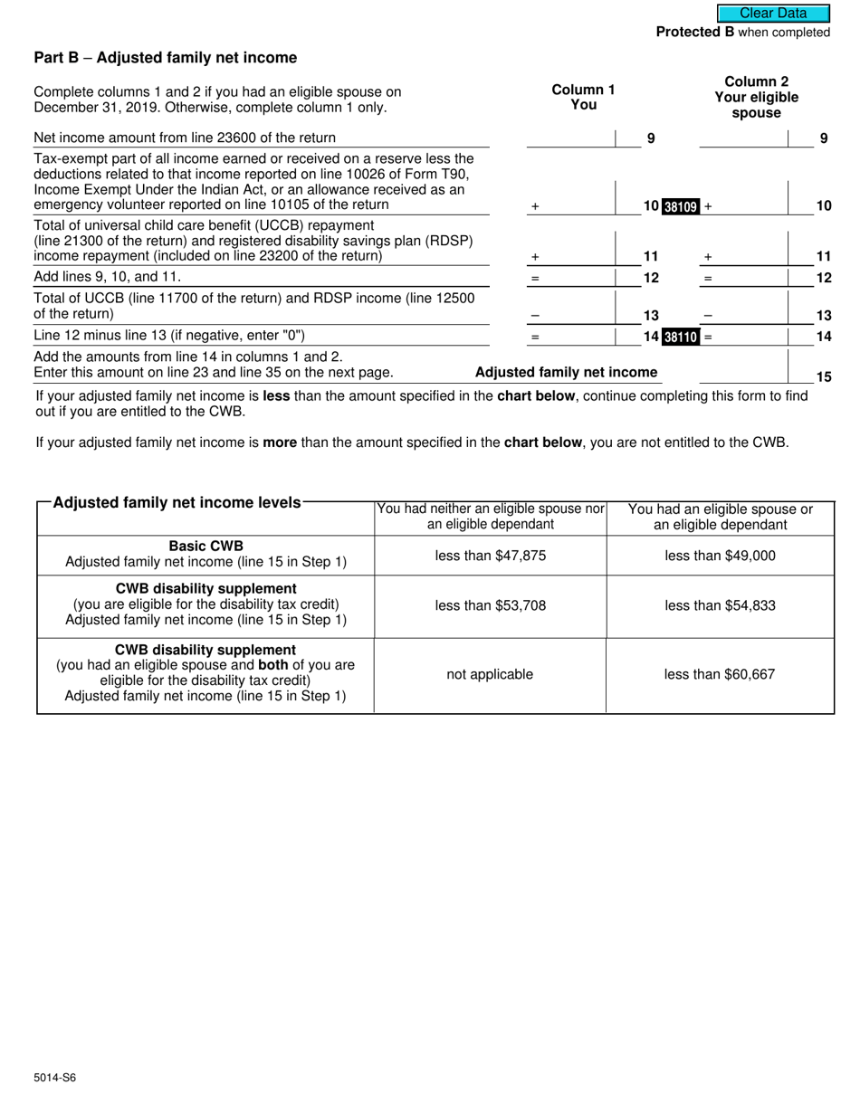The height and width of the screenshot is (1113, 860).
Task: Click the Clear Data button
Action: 773,14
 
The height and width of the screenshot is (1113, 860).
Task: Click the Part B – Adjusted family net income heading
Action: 165,58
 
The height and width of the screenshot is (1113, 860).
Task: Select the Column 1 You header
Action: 583,97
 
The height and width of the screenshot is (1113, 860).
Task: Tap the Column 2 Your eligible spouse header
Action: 756,98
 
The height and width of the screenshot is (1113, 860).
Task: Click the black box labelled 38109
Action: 681,206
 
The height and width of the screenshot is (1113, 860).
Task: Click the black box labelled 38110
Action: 681,338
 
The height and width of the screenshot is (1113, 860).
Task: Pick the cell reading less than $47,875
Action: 490,556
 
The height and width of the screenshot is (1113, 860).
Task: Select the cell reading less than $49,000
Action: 720,556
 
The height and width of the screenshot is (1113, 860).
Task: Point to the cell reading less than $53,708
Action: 490,605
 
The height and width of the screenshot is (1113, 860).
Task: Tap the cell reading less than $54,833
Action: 720,605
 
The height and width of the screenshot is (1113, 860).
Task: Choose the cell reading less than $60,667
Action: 720,674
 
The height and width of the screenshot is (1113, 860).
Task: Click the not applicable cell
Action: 490,674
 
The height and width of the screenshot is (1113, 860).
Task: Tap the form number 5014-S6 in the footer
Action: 55,1078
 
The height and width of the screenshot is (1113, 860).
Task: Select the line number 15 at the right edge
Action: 823,377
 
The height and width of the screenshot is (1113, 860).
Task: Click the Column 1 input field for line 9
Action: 570,138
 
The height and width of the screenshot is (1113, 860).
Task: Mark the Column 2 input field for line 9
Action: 743,138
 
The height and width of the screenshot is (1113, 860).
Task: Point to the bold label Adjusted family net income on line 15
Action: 566,373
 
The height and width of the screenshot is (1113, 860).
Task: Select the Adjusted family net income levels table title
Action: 177,502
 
